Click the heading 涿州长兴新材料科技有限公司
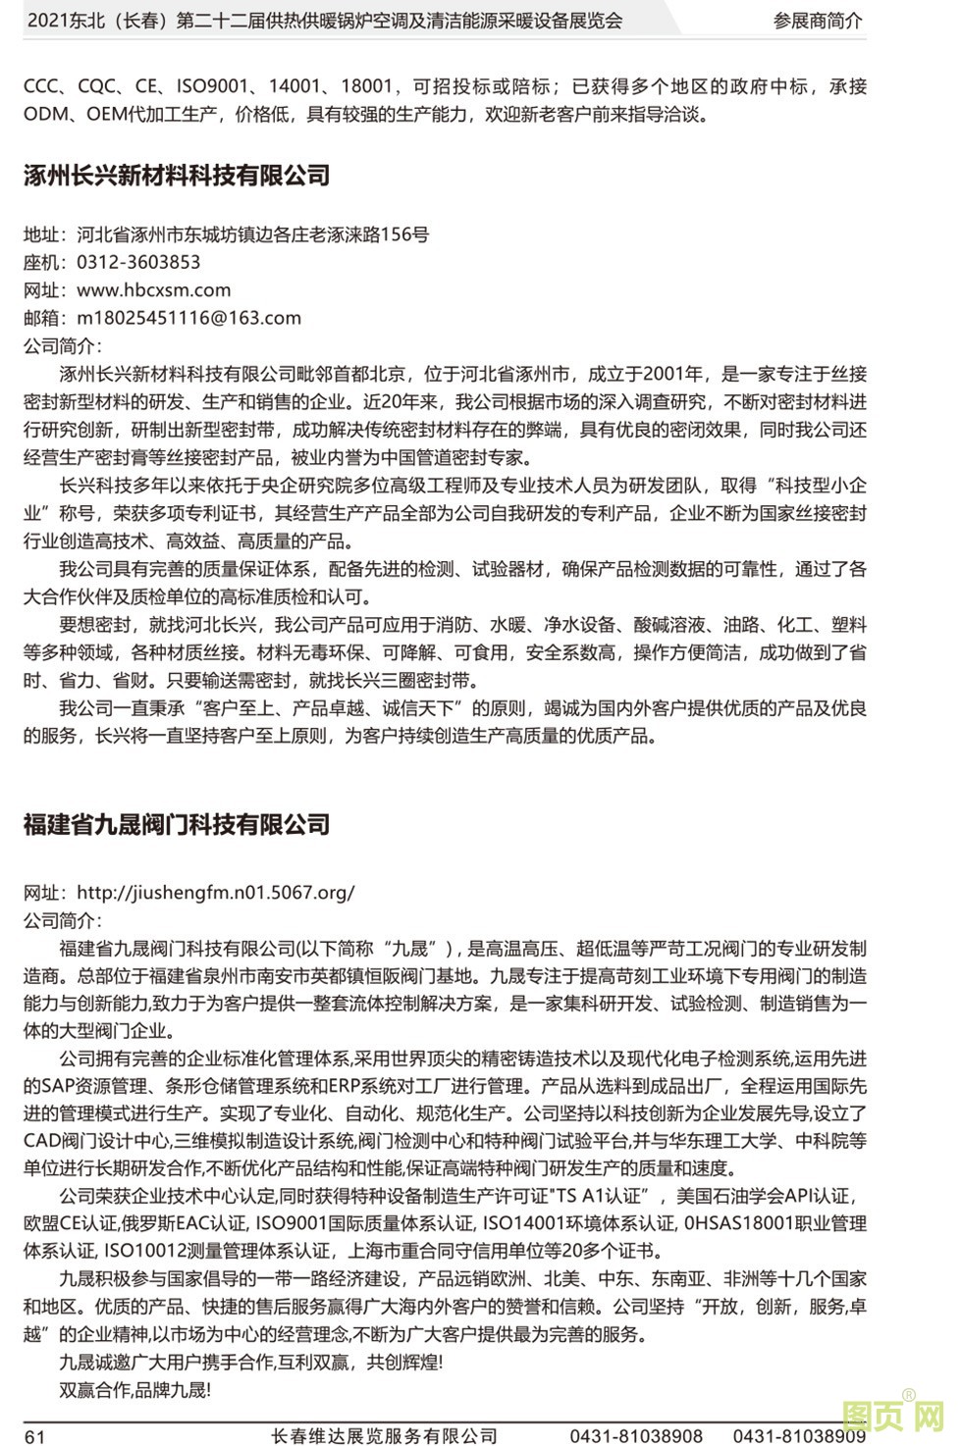click(x=177, y=176)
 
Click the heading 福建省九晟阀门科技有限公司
click(x=177, y=824)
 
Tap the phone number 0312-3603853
click(x=138, y=262)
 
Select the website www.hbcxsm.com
click(x=153, y=290)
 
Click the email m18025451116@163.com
click(x=188, y=318)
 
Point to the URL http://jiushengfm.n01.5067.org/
click(x=215, y=893)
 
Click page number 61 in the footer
click(x=34, y=1436)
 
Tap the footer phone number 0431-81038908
click(x=636, y=1436)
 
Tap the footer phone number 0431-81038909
click(x=799, y=1436)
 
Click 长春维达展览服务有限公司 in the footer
click(x=384, y=1436)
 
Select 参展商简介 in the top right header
click(x=818, y=21)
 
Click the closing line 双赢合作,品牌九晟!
click(x=134, y=1390)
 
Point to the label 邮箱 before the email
click(x=42, y=318)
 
